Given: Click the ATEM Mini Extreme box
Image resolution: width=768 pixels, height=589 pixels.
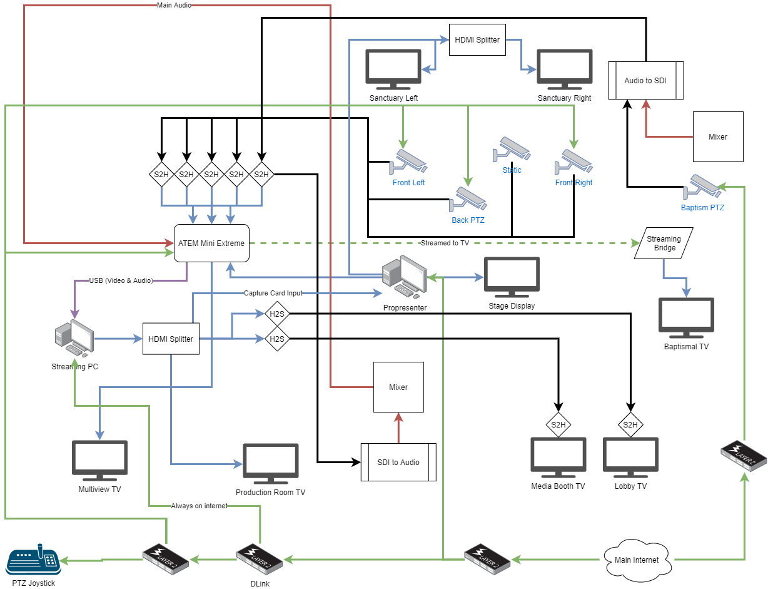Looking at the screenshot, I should click(x=211, y=243).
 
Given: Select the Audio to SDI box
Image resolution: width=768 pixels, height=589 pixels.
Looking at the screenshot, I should click(x=646, y=80).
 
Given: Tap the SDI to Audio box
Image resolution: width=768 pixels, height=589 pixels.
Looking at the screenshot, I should click(x=398, y=462).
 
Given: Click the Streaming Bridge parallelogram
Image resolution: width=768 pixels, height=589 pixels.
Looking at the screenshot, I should click(x=664, y=243).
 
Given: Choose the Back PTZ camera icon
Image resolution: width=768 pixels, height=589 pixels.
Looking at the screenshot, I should click(x=468, y=200).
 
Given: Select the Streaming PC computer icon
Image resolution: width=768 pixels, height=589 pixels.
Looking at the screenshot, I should click(x=74, y=339).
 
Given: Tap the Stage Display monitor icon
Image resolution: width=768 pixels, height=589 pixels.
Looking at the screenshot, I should click(x=512, y=277).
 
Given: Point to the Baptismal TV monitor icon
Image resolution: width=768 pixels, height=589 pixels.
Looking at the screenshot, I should click(x=686, y=317).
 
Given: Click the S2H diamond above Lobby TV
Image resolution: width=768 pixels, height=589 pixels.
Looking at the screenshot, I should click(x=630, y=426).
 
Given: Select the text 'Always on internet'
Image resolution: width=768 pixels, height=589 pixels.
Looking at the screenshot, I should click(x=199, y=506).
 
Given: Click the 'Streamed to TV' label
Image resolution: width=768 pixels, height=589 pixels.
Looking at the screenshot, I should click(x=445, y=243).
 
